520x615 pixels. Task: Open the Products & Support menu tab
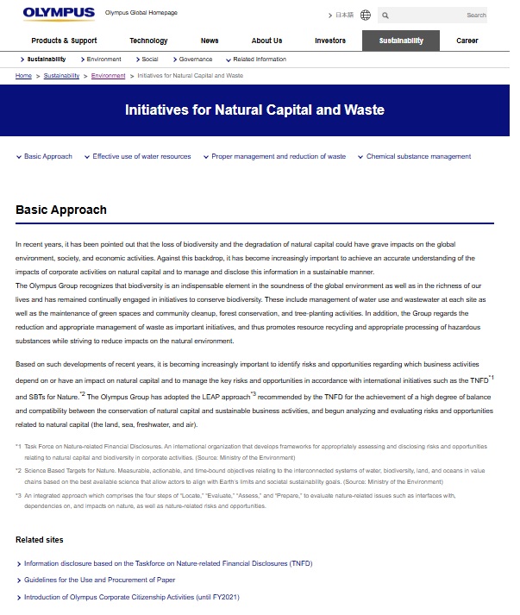click(x=64, y=41)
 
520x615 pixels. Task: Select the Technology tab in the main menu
click(x=148, y=41)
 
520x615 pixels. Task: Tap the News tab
click(x=210, y=41)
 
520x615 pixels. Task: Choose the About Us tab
click(x=266, y=41)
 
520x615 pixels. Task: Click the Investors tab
click(x=330, y=41)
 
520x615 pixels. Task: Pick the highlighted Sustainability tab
click(x=400, y=41)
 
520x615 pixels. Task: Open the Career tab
click(x=467, y=41)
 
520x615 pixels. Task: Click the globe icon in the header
click(x=366, y=16)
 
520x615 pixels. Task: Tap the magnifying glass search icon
click(x=385, y=16)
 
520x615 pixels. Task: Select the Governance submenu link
click(x=195, y=60)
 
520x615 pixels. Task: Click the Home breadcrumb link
click(x=24, y=76)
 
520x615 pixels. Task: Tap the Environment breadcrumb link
click(x=108, y=76)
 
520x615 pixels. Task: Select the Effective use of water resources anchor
click(x=141, y=157)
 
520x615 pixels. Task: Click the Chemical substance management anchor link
click(x=418, y=157)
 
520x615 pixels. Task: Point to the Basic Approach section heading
click(x=61, y=210)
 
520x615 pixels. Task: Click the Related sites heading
click(x=39, y=540)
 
